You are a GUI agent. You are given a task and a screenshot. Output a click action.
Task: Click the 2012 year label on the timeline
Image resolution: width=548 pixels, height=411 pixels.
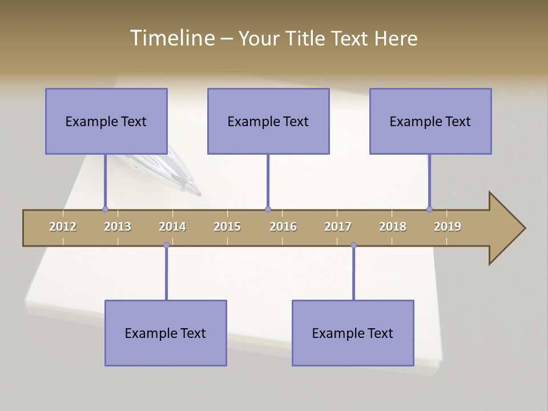pos(63,227)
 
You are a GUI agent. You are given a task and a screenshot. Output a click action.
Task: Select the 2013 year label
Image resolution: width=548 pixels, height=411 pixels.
pos(118,227)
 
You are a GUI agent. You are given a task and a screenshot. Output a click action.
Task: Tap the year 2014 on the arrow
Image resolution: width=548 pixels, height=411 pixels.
pos(172,227)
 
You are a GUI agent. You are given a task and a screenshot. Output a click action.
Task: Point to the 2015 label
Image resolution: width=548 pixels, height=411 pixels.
pos(227,227)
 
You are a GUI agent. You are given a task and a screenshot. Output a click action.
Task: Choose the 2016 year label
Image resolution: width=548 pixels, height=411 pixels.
pos(283,227)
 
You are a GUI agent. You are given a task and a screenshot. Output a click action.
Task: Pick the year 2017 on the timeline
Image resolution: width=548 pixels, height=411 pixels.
pos(338,227)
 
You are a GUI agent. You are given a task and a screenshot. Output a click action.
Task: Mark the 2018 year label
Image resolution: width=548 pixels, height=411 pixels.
pos(393,227)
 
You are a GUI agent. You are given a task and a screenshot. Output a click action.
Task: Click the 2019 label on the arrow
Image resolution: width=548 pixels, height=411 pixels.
pos(448,227)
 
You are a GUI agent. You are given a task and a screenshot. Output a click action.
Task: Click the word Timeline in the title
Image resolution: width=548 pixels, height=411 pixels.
pos(172,38)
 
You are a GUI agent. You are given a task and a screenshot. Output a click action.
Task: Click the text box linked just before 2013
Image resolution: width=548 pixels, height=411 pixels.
pos(106,121)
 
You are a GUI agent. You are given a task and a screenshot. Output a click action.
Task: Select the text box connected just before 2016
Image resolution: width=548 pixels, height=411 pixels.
pos(268,121)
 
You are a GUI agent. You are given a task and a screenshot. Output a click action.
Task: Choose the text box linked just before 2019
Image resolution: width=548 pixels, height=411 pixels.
pos(430,121)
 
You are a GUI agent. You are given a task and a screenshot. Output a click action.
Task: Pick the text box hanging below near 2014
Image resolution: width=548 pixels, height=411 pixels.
pos(166,333)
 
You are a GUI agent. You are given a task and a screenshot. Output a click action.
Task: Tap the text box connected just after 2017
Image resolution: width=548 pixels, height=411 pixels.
pos(353,333)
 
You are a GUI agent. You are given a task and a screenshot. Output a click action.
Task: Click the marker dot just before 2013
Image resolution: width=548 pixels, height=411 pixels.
pos(105,209)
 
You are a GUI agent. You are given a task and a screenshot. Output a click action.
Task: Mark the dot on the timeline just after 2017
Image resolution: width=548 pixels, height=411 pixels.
pos(353,245)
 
